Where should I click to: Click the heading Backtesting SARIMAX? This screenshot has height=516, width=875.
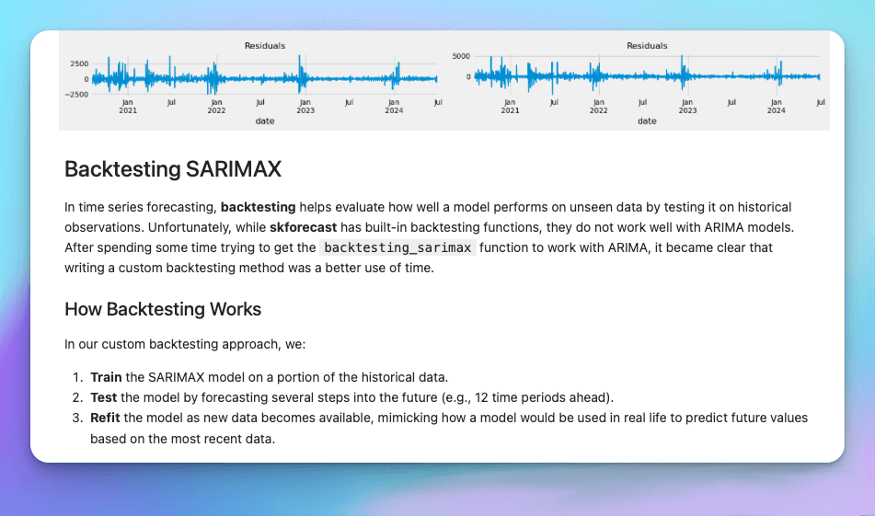[x=173, y=169]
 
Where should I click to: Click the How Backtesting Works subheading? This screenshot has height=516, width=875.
[x=163, y=309]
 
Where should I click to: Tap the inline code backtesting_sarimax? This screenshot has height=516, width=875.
[x=397, y=247]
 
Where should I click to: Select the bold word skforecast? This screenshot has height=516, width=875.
[x=303, y=227]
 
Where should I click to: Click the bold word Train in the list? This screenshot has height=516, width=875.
[x=106, y=377]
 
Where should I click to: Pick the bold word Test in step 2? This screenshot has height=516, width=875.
[x=104, y=397]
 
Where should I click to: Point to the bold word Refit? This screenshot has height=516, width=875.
[x=105, y=418]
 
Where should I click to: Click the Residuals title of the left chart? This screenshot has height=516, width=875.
[x=265, y=46]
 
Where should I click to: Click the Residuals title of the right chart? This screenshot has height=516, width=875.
[x=647, y=46]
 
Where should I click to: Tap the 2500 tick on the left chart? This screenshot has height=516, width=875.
[x=79, y=63]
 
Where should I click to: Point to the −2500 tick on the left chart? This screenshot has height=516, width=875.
[x=76, y=94]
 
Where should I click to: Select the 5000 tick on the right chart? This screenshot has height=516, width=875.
[x=462, y=56]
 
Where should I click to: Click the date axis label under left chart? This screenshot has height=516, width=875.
[x=265, y=121]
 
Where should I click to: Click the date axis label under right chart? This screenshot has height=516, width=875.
[x=647, y=121]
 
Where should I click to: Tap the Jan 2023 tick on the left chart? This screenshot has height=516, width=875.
[x=305, y=107]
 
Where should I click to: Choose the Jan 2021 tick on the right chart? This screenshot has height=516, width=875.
[x=510, y=107]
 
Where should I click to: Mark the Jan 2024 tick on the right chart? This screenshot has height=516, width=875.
[x=777, y=107]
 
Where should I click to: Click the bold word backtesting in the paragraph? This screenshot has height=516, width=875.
[x=258, y=208]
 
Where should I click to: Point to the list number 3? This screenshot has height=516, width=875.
[x=77, y=418]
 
